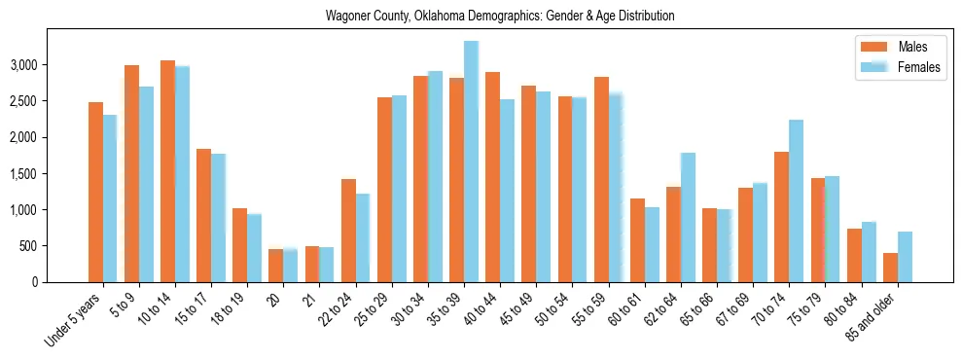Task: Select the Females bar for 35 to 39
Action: pos(471,162)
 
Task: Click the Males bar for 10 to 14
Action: pos(167,171)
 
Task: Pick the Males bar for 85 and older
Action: pos(890,268)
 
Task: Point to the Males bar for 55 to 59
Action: pos(601,179)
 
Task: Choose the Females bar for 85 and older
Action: pos(905,257)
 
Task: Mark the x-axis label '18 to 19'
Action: pos(230,307)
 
